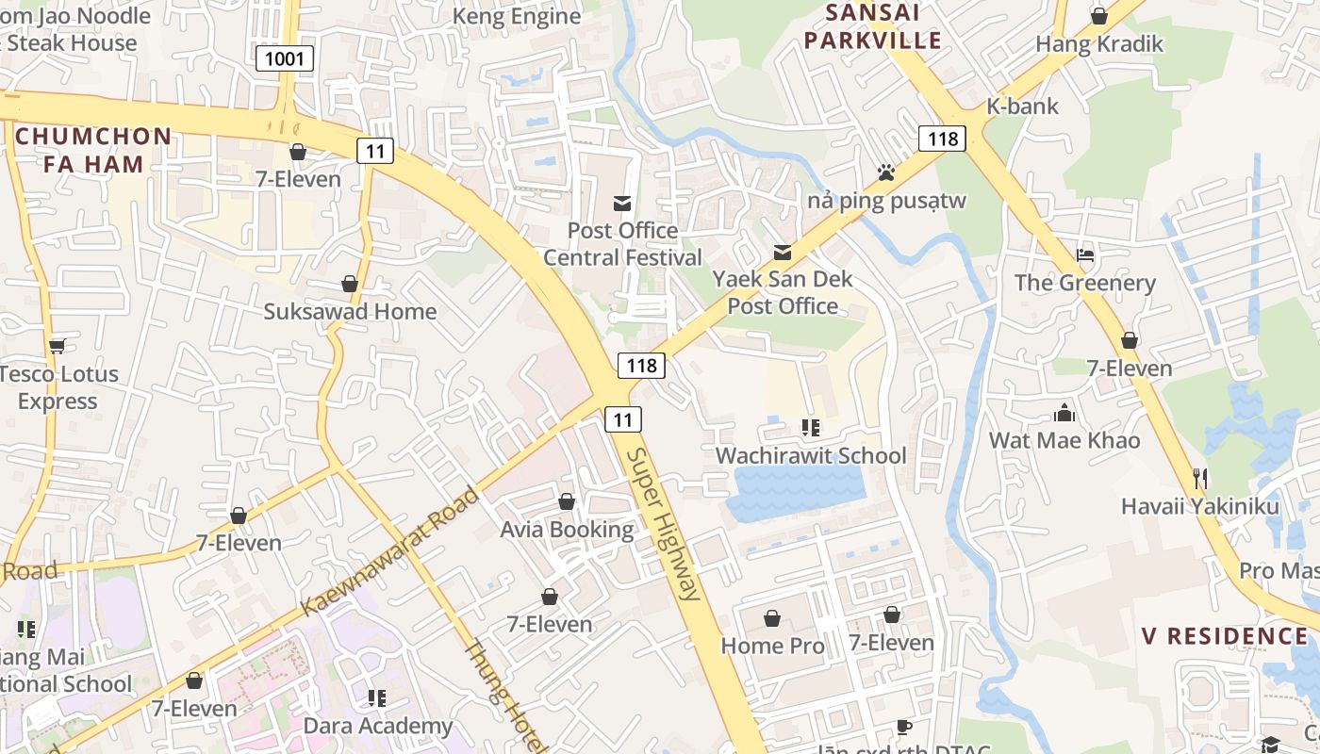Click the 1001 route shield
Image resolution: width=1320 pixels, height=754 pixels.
click(x=285, y=59)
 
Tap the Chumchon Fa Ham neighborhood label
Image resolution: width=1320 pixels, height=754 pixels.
click(x=93, y=150)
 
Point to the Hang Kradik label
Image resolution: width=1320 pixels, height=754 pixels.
click(x=1099, y=43)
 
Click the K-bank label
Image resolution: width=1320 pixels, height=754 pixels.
click(x=1022, y=106)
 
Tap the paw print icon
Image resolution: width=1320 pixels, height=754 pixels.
click(x=885, y=172)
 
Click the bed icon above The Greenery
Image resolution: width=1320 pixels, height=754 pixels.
click(x=1085, y=255)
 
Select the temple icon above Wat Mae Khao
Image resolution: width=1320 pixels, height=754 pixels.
click(x=1064, y=413)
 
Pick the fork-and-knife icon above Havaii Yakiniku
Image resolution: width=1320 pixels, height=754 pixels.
click(x=1200, y=479)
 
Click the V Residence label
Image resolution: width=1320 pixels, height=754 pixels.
click(x=1225, y=636)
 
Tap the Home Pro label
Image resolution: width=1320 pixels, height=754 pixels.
click(x=772, y=646)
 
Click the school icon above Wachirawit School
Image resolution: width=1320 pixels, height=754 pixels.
click(x=810, y=428)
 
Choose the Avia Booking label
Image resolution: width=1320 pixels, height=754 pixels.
click(x=567, y=530)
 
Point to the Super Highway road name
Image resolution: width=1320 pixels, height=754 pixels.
click(x=665, y=524)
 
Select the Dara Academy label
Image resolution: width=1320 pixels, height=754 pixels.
click(x=377, y=726)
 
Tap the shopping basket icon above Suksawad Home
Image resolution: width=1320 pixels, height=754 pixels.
click(x=350, y=284)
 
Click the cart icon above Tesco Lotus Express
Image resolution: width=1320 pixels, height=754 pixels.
click(x=58, y=346)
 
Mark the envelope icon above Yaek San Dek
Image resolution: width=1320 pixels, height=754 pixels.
click(x=783, y=252)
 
